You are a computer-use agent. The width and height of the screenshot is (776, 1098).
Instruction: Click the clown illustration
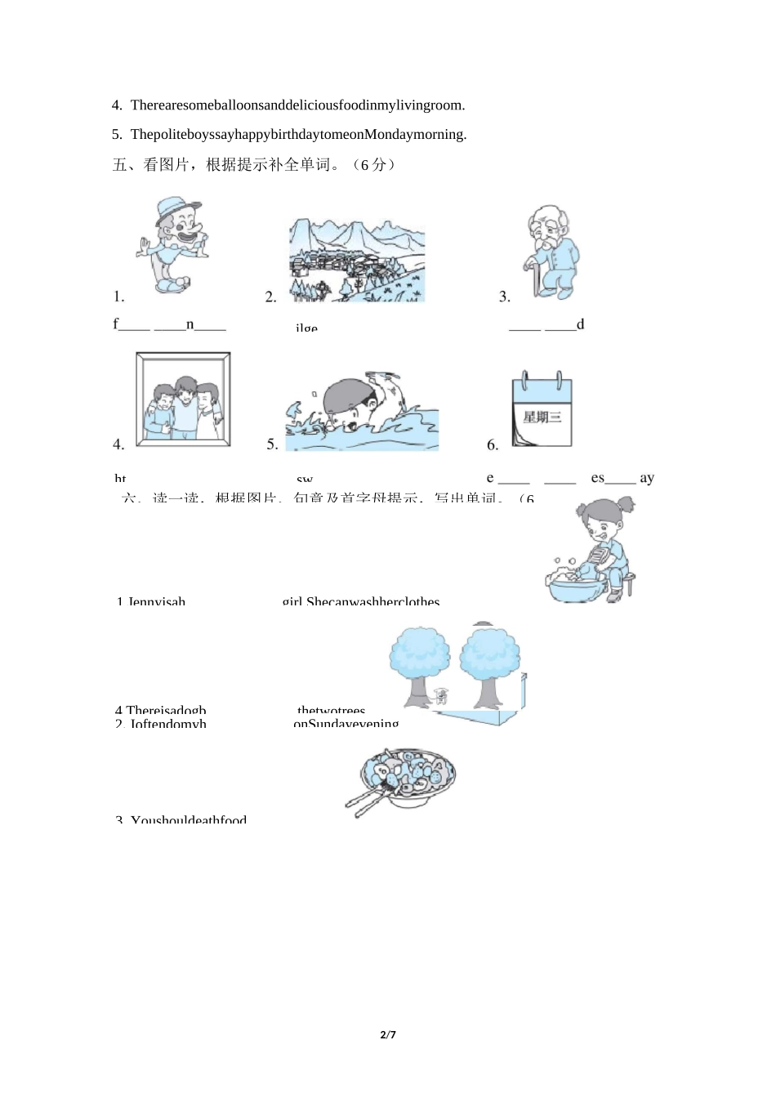click(172, 244)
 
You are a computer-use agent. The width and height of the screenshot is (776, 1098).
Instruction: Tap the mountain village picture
click(356, 261)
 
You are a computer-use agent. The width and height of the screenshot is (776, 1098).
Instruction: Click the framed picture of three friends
click(183, 399)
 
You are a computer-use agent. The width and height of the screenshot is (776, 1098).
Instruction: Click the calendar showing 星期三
click(542, 410)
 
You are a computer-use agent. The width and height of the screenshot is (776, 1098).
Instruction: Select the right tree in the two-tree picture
click(488, 663)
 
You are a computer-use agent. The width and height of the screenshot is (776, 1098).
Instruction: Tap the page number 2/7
click(388, 1035)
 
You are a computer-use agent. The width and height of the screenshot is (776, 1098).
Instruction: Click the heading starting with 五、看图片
click(254, 164)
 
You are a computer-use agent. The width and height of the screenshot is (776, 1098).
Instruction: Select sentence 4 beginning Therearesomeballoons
click(288, 105)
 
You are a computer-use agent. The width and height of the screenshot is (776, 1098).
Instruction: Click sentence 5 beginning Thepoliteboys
click(289, 134)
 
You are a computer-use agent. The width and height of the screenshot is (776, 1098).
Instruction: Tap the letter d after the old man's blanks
click(581, 324)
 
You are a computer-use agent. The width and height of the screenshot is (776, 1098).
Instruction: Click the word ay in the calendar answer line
click(647, 478)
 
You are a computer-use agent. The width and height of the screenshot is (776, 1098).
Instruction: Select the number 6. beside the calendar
click(493, 445)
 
